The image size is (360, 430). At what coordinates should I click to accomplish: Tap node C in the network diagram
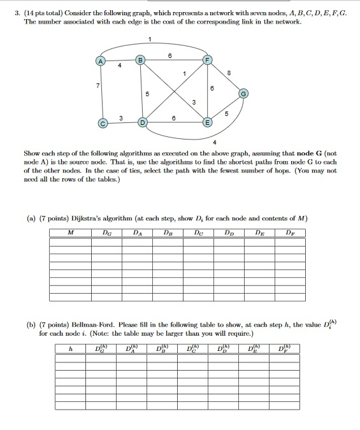(101, 122)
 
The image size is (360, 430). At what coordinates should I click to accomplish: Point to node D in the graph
(143, 122)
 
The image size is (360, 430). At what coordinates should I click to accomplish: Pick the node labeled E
(206, 122)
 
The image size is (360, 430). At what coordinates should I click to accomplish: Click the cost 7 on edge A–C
(96, 85)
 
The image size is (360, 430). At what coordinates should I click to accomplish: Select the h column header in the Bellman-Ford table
(71, 348)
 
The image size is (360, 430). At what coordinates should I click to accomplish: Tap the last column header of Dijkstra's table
(290, 233)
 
